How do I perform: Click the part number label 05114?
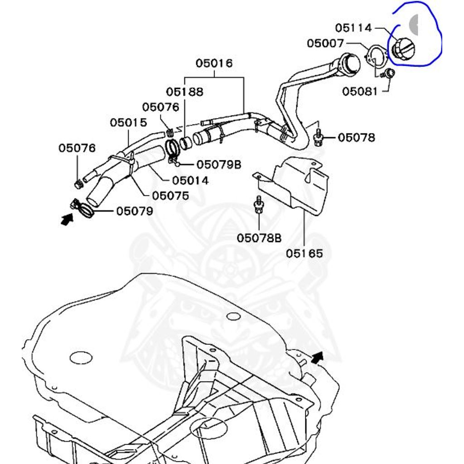pyautogui.click(x=353, y=28)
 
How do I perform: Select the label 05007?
pyautogui.click(x=325, y=43)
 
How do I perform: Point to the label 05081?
pyautogui.click(x=360, y=92)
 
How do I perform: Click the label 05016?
pyautogui.click(x=214, y=63)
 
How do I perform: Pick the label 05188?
pyautogui.click(x=184, y=92)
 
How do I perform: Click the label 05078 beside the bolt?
pyautogui.click(x=357, y=137)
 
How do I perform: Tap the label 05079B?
pyautogui.click(x=218, y=164)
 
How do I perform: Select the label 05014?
pyautogui.click(x=190, y=180)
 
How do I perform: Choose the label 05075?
pyautogui.click(x=170, y=196)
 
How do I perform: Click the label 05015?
pyautogui.click(x=129, y=123)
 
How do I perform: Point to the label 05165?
pyautogui.click(x=304, y=253)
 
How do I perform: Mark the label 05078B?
pyautogui.click(x=259, y=238)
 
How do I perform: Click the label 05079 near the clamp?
pyautogui.click(x=135, y=211)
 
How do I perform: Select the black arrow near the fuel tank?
pyautogui.click(x=319, y=358)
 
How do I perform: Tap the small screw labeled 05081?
pyautogui.click(x=389, y=73)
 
